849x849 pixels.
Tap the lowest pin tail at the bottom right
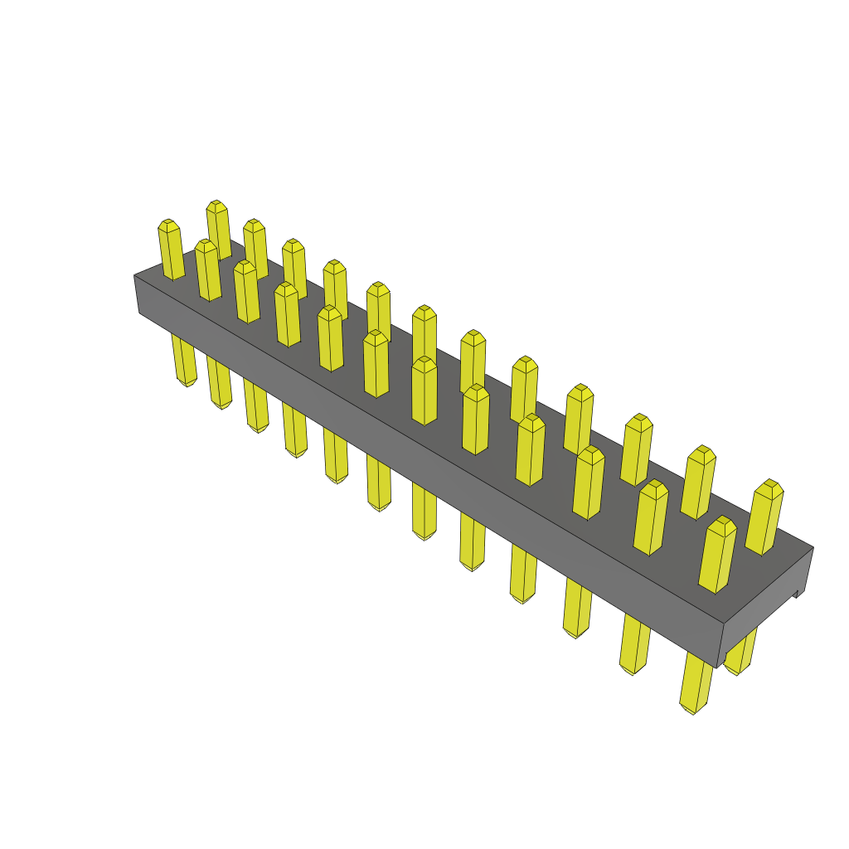coord(696,682)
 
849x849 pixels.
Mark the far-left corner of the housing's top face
coord(135,275)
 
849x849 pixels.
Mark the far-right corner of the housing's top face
coord(813,547)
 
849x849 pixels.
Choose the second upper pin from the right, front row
coord(651,517)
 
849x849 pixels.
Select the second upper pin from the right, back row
coord(698,482)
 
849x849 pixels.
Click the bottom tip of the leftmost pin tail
coord(187,383)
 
